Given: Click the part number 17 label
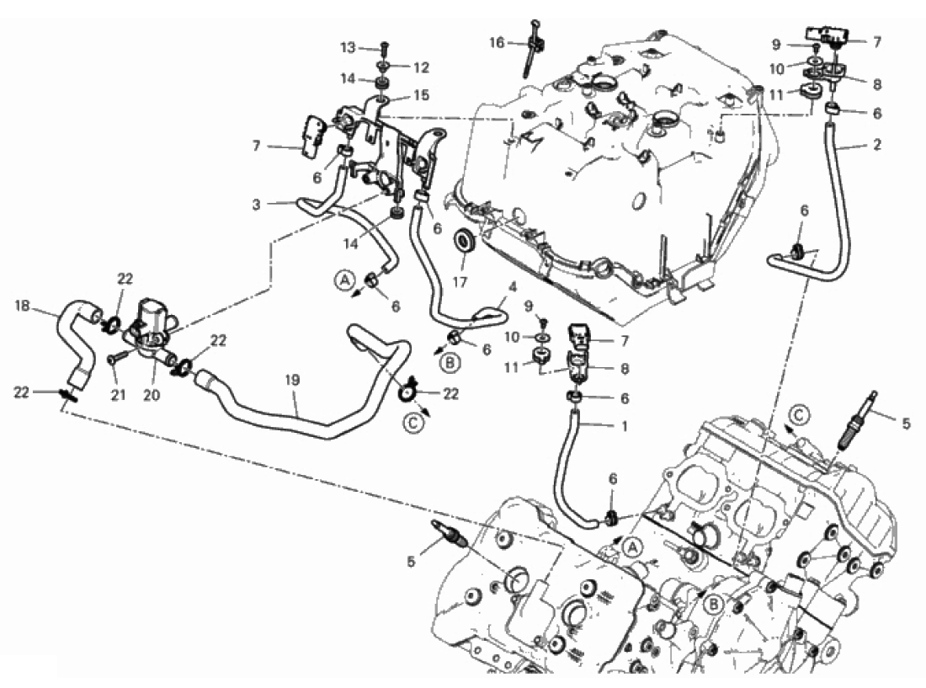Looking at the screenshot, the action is [460, 282].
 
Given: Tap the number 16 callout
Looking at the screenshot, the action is [497, 42].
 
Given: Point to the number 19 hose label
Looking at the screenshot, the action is [292, 381].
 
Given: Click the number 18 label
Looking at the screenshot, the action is [23, 306].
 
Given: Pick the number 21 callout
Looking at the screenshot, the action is [118, 394].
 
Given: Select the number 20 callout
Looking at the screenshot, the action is [152, 394].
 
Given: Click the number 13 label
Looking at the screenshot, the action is [349, 47].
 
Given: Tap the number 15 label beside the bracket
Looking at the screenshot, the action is [421, 95].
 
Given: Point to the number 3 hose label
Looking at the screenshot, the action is [256, 205].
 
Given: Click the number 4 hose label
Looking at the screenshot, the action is [512, 288].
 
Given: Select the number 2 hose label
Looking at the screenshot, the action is [877, 144].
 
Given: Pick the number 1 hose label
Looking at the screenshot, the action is [625, 426].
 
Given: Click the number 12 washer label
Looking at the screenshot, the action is [421, 68].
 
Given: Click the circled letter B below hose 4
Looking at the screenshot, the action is [450, 363].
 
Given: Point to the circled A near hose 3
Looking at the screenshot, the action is [345, 280].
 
